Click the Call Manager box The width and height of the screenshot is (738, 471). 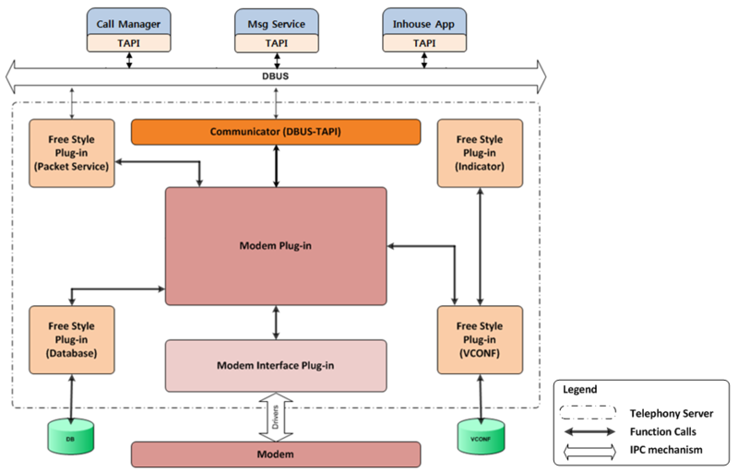tap(129, 20)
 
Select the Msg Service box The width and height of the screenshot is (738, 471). tap(276, 20)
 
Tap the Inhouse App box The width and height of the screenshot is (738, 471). tap(423, 20)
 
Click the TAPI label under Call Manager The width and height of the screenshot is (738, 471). tap(129, 42)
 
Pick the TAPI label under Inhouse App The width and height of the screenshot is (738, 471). tap(423, 42)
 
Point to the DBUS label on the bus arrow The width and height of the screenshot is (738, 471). tap(276, 77)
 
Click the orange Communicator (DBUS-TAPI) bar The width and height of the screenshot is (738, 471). tap(276, 132)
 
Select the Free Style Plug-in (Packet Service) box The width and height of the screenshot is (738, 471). tap(72, 153)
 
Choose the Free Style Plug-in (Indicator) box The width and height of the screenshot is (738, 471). tap(480, 153)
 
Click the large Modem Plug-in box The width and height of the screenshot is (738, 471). tap(276, 246)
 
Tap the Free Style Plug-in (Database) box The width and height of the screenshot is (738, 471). tap(72, 339)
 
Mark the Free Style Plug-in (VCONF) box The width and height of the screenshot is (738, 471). tap(480, 339)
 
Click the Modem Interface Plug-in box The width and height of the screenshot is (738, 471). tap(276, 365)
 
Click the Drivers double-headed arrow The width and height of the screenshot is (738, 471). tap(276, 417)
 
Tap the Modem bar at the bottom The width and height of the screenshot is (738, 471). tap(276, 454)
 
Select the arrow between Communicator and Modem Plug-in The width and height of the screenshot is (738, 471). tap(276, 166)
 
